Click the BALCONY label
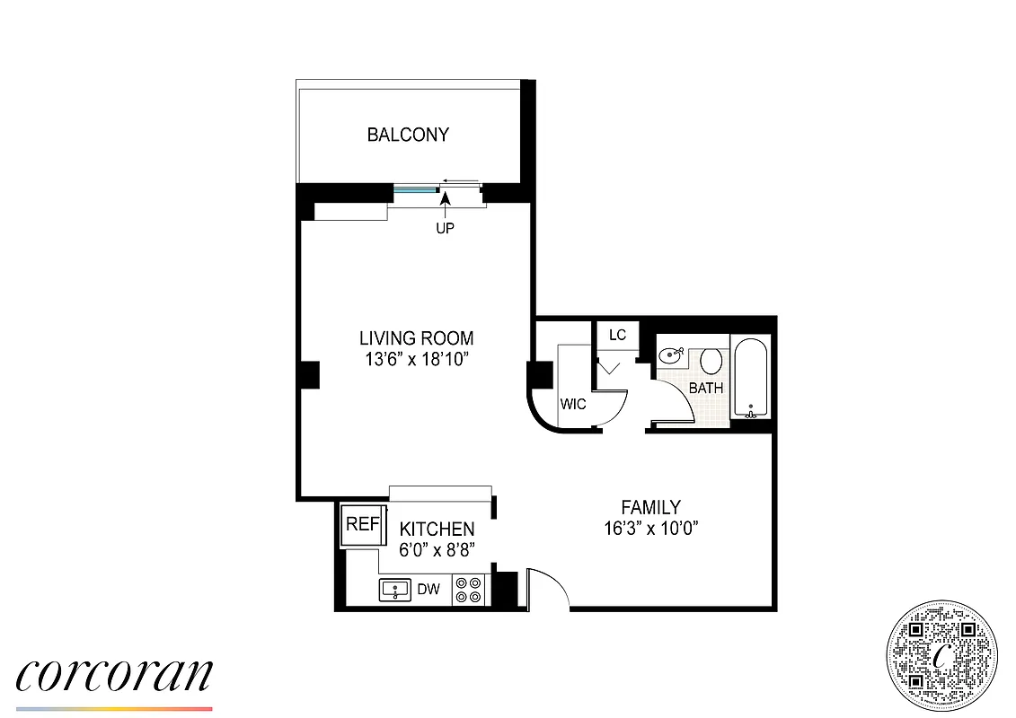(x=408, y=136)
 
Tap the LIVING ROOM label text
(x=416, y=338)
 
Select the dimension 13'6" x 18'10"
(x=416, y=359)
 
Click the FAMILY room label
(x=651, y=507)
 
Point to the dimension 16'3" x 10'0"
(x=651, y=528)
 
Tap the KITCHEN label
(x=437, y=529)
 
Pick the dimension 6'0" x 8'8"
(x=437, y=548)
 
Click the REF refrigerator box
(x=361, y=525)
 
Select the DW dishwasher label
(x=430, y=590)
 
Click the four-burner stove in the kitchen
(x=468, y=590)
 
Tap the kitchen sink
(x=395, y=590)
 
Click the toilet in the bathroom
(x=711, y=362)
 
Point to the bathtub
(x=751, y=378)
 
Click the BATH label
(x=706, y=389)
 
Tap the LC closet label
(x=617, y=336)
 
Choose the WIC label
(x=573, y=404)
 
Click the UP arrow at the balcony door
(x=446, y=215)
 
